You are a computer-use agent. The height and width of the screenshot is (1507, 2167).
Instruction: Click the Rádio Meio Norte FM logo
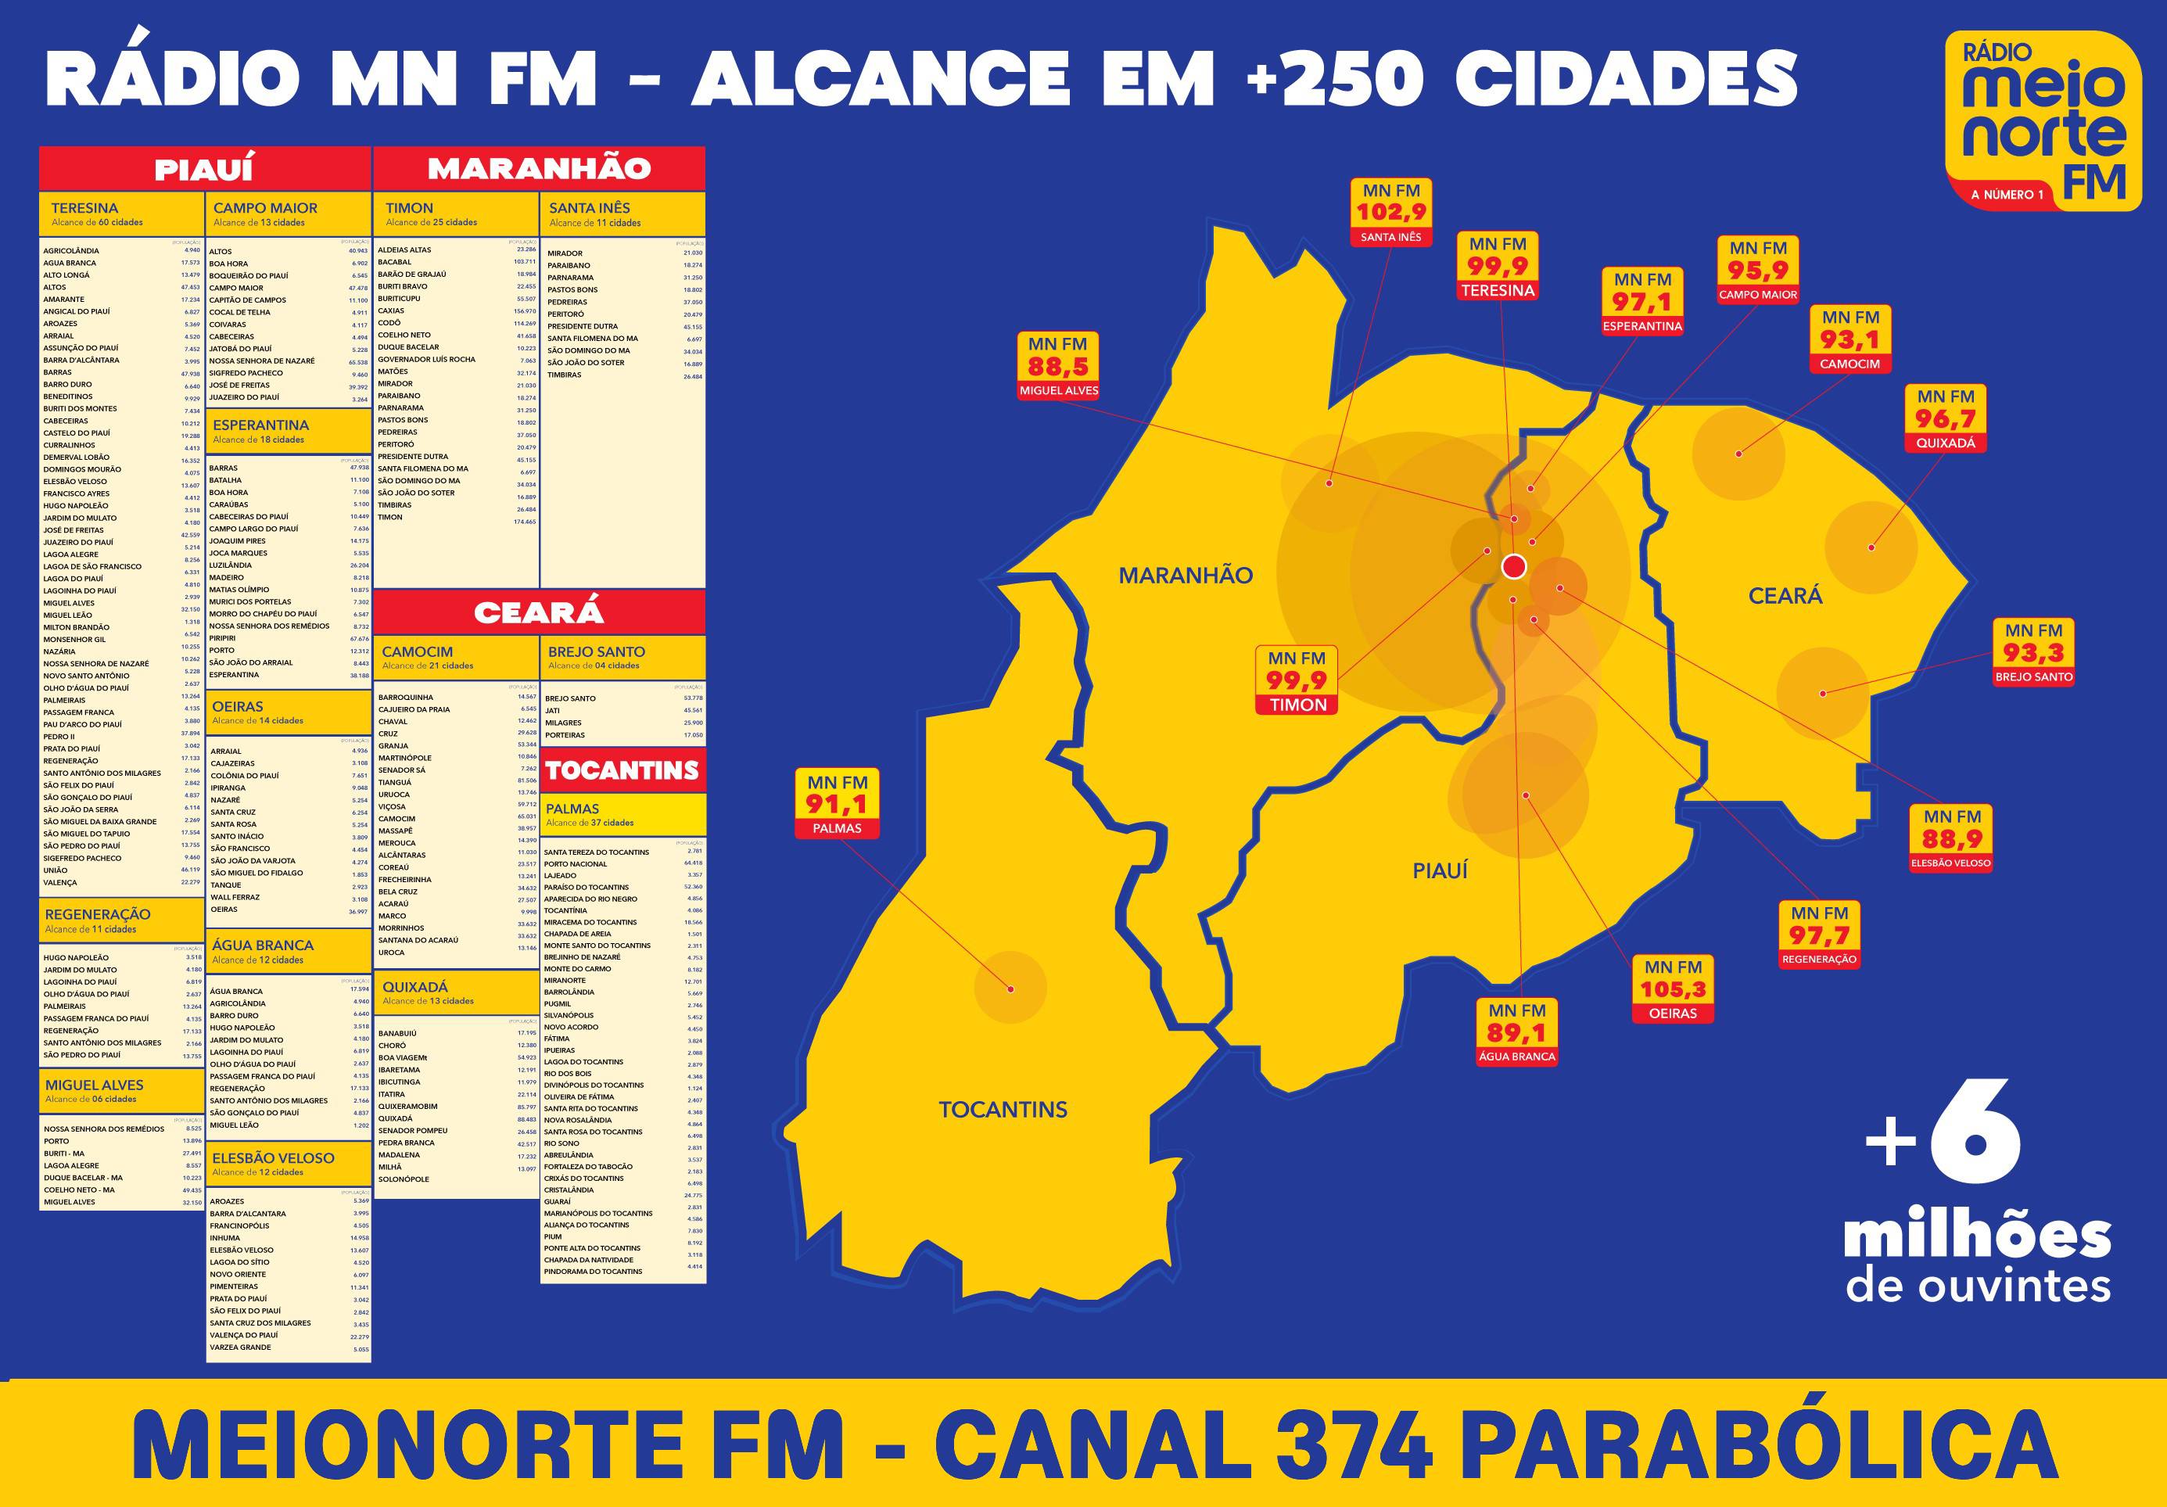[2043, 120]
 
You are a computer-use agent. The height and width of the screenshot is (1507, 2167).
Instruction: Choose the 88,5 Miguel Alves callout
[1058, 367]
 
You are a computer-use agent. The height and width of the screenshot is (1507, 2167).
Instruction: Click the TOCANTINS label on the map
[1003, 1110]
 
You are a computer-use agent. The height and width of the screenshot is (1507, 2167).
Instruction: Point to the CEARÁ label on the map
[1785, 595]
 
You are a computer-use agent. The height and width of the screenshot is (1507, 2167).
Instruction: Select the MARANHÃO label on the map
[1186, 576]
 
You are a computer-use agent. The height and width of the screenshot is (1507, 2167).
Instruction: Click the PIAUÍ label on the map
[1440, 871]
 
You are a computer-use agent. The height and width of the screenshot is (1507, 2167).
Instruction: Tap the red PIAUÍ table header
[205, 169]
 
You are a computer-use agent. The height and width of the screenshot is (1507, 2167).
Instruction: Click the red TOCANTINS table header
[622, 771]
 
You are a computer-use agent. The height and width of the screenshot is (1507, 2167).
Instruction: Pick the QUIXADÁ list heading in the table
[415, 987]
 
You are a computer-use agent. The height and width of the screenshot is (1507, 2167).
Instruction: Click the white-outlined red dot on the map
[1514, 566]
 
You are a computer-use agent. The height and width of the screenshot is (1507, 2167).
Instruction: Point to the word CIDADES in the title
[1625, 78]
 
